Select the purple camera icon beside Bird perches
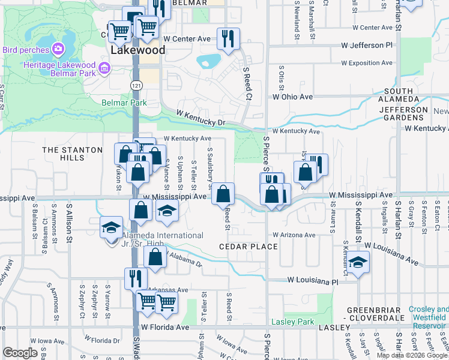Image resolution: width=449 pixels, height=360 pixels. [58, 48]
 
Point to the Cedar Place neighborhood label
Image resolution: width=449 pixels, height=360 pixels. [248, 247]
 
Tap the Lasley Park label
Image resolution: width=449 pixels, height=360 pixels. [292, 322]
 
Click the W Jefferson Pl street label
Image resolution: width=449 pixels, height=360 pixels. [366, 45]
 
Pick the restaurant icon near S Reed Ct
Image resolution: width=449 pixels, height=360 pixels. [228, 39]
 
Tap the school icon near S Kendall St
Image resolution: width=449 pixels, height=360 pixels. [358, 262]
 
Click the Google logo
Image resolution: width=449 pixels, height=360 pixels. [20, 353]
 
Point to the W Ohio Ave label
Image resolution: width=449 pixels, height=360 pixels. [293, 96]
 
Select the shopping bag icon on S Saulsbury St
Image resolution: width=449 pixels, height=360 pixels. [223, 193]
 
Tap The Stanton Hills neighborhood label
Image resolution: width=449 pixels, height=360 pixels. [64, 153]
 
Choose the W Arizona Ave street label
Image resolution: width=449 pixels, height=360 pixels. [294, 235]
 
